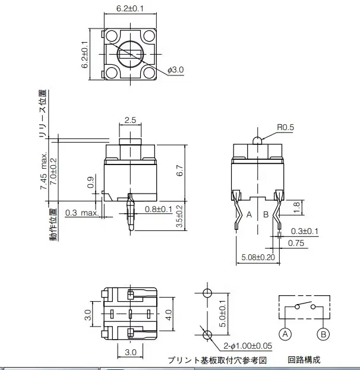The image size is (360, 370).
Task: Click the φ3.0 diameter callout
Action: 176,69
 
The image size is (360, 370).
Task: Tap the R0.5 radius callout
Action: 286,127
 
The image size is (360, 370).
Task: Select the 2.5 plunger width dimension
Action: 130,119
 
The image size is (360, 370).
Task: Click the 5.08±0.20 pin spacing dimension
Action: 260,257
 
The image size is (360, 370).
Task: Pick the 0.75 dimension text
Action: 296,242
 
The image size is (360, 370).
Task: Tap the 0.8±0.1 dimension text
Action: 158,209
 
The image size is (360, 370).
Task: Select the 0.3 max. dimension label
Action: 81,213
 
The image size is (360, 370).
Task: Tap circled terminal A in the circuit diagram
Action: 286,335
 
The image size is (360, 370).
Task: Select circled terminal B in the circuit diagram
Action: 324,335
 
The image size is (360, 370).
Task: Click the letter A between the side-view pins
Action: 250,214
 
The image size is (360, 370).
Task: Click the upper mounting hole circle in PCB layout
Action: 207,293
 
